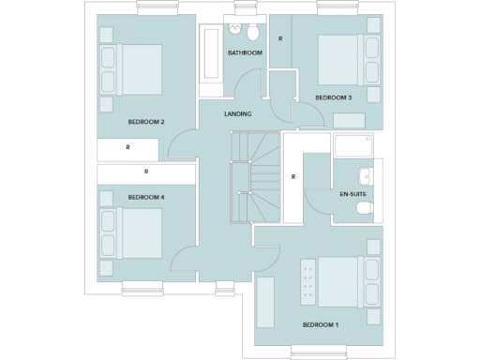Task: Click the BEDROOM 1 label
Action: click(321, 325)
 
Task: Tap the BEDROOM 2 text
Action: click(146, 122)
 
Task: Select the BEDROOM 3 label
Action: click(333, 97)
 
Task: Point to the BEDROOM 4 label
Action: click(146, 197)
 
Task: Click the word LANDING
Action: click(237, 114)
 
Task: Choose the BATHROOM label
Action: click(245, 53)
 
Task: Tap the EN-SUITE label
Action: click(352, 194)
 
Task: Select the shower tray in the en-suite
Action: click(353, 147)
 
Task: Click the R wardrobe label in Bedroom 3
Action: click(280, 38)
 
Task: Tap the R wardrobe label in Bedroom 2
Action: click(127, 148)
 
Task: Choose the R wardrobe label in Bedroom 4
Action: click(146, 172)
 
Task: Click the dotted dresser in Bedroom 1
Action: click(305, 280)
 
